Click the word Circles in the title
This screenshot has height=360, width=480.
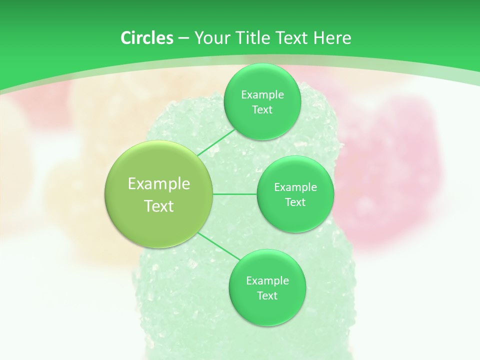point(146,38)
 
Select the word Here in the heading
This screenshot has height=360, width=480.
point(332,38)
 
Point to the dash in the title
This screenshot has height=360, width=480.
point(183,38)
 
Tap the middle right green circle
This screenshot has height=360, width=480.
point(295,194)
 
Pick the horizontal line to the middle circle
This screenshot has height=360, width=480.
point(235,194)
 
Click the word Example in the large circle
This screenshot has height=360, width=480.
point(159,184)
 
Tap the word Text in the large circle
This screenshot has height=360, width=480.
point(159,206)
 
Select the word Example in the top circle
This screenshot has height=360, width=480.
point(262,95)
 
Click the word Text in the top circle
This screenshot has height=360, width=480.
point(262,109)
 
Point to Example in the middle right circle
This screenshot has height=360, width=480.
point(295,187)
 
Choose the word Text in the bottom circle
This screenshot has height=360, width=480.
point(267,295)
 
